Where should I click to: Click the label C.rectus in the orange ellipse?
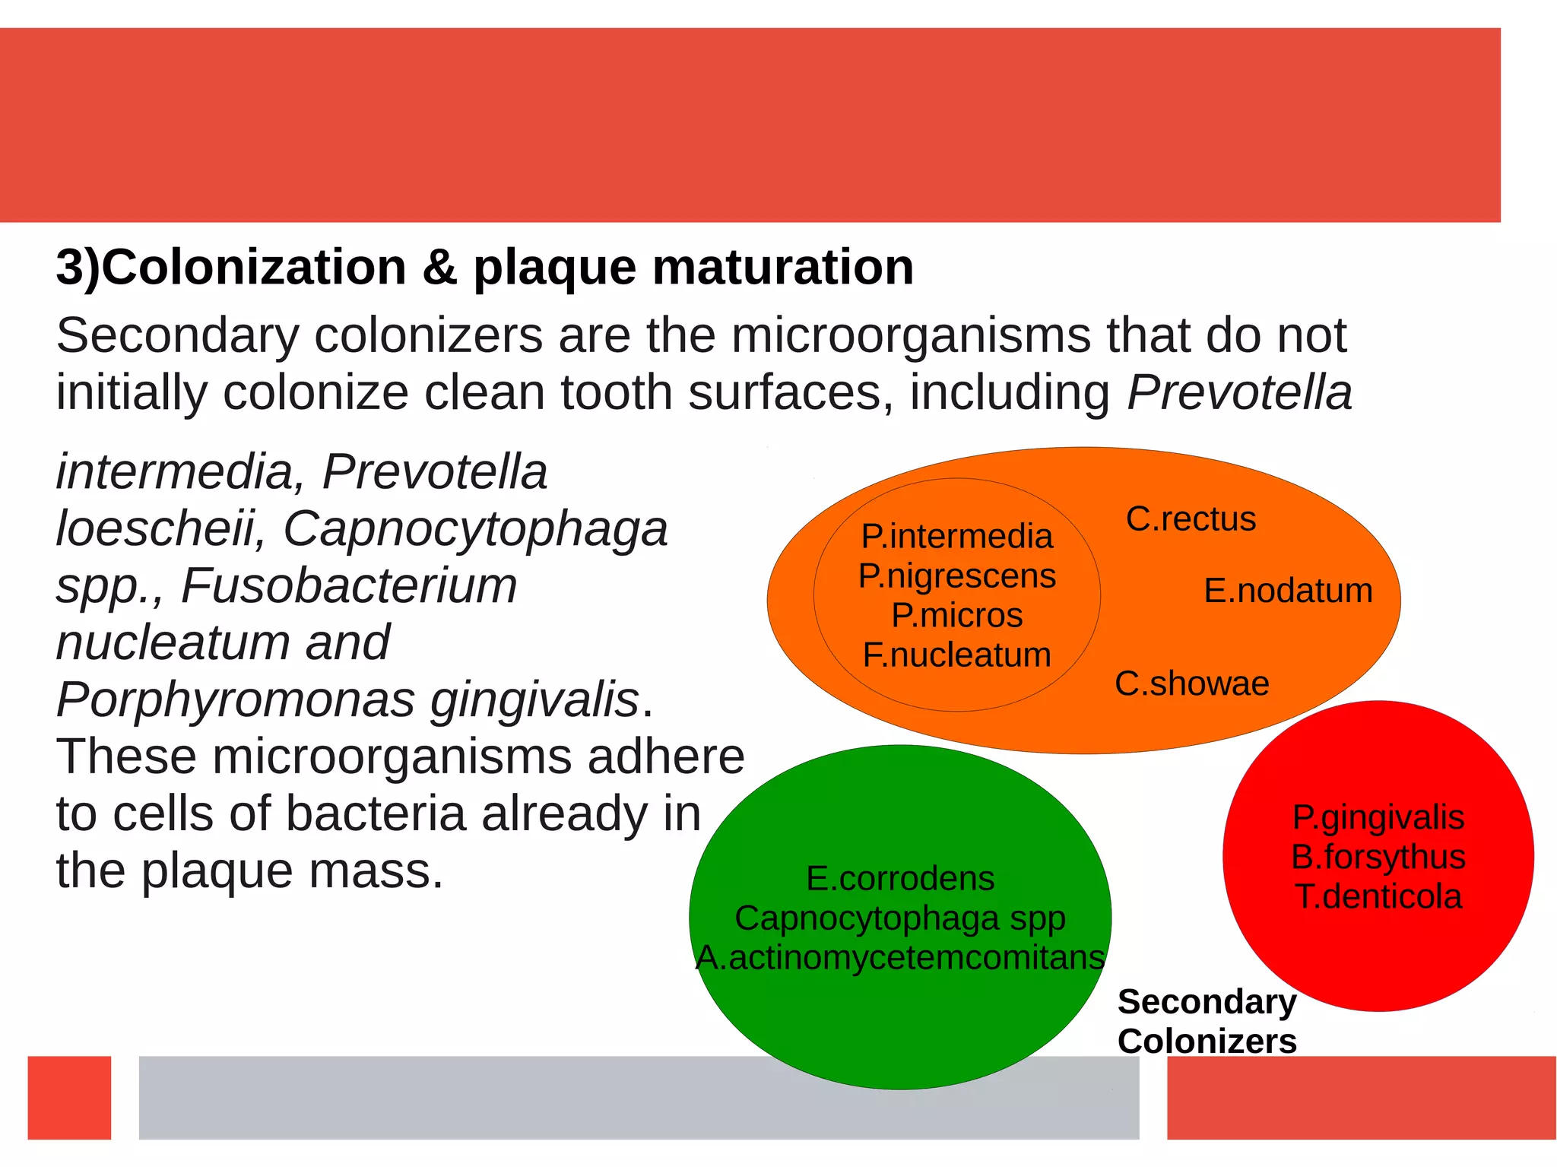pyautogui.click(x=1191, y=519)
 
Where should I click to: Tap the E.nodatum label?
pyautogui.click(x=1288, y=591)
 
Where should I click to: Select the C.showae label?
pyautogui.click(x=1191, y=683)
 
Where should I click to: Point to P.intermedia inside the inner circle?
pyautogui.click(x=956, y=537)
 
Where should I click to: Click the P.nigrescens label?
pyautogui.click(x=956, y=576)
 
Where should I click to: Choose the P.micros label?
pyautogui.click(x=956, y=615)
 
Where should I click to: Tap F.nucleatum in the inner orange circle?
pyautogui.click(x=956, y=655)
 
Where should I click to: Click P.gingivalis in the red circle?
pyautogui.click(x=1378, y=818)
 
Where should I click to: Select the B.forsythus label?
pyautogui.click(x=1378, y=858)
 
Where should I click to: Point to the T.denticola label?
pyautogui.click(x=1378, y=897)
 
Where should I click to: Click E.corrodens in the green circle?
pyautogui.click(x=900, y=879)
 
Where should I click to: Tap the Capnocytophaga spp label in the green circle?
pyautogui.click(x=900, y=918)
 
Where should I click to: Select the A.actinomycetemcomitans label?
pyautogui.click(x=900, y=958)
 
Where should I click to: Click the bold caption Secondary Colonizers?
pyautogui.click(x=1207, y=1021)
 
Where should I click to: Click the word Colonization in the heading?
pyautogui.click(x=254, y=268)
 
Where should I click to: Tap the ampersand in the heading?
pyautogui.click(x=439, y=268)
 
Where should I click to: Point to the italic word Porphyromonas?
pyautogui.click(x=236, y=699)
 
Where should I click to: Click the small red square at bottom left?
pyautogui.click(x=69, y=1097)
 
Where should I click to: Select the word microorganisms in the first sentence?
pyautogui.click(x=911, y=335)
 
